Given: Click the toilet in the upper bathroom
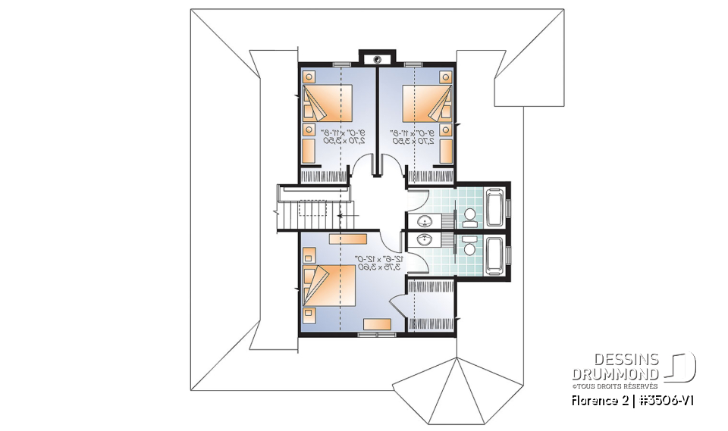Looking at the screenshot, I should point(469,214).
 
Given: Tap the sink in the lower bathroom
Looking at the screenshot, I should point(425,240).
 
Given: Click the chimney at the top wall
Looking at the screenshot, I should point(377,58).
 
